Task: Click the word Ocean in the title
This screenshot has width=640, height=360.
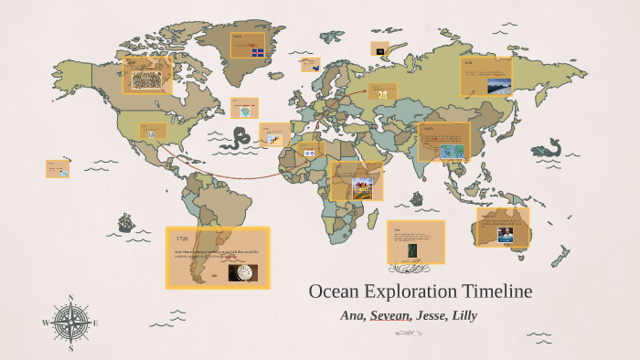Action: click(336, 291)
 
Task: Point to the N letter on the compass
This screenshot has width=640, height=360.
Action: click(71, 298)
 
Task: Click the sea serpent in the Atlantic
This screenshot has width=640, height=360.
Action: click(240, 137)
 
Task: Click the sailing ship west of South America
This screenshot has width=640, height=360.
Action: click(125, 222)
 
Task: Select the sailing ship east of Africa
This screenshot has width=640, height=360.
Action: click(417, 197)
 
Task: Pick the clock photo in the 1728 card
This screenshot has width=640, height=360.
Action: click(242, 272)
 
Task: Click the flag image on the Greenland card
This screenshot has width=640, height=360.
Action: click(258, 49)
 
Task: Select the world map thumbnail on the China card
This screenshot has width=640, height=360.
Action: click(450, 152)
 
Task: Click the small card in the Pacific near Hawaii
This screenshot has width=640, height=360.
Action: click(57, 169)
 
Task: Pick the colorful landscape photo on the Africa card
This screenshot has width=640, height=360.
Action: click(363, 188)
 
